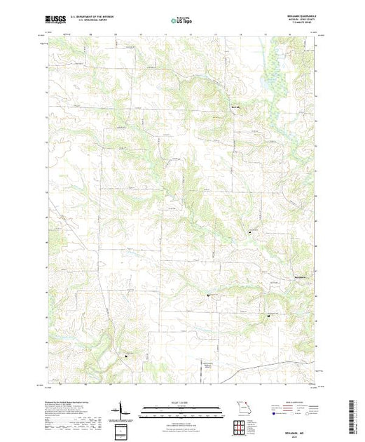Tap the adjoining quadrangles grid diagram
[241, 426]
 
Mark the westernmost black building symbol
[126, 355]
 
